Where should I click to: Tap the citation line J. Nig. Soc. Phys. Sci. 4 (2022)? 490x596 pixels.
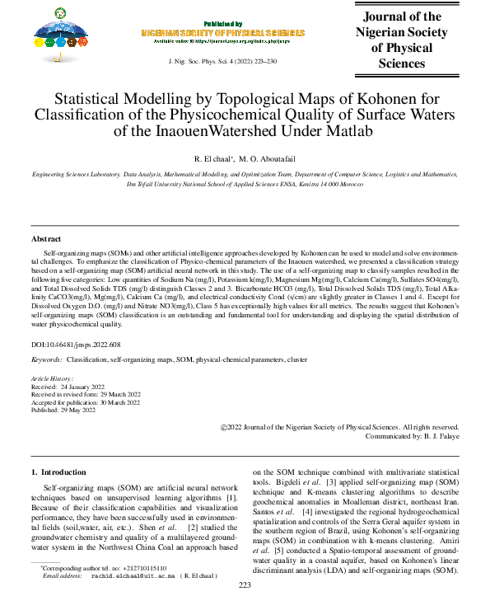pos(222,62)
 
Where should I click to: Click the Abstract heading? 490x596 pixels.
pos(46,238)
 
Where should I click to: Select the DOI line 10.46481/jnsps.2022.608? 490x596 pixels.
pos(76,344)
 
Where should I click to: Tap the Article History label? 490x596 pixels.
pos(51,378)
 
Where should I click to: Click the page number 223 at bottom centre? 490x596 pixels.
pos(245,584)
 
